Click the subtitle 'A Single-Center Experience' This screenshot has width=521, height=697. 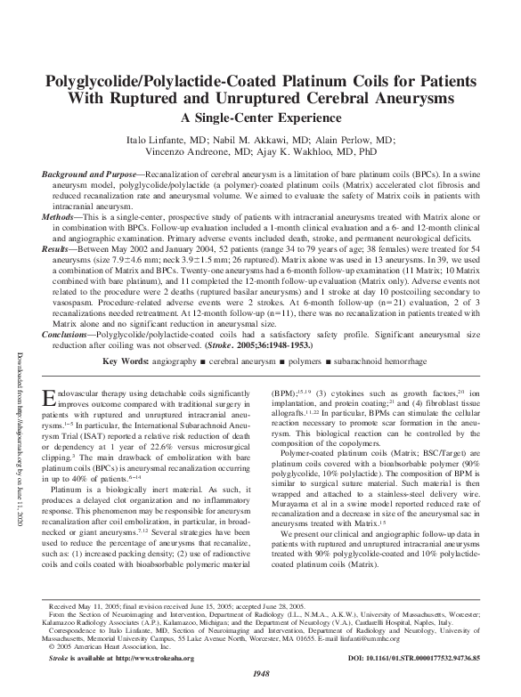coord(260,117)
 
